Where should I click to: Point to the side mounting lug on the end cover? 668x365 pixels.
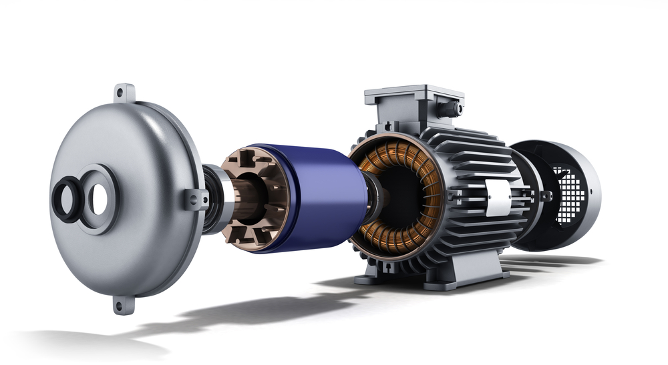196,199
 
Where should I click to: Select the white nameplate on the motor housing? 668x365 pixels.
498,198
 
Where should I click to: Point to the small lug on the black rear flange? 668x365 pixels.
546,196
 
